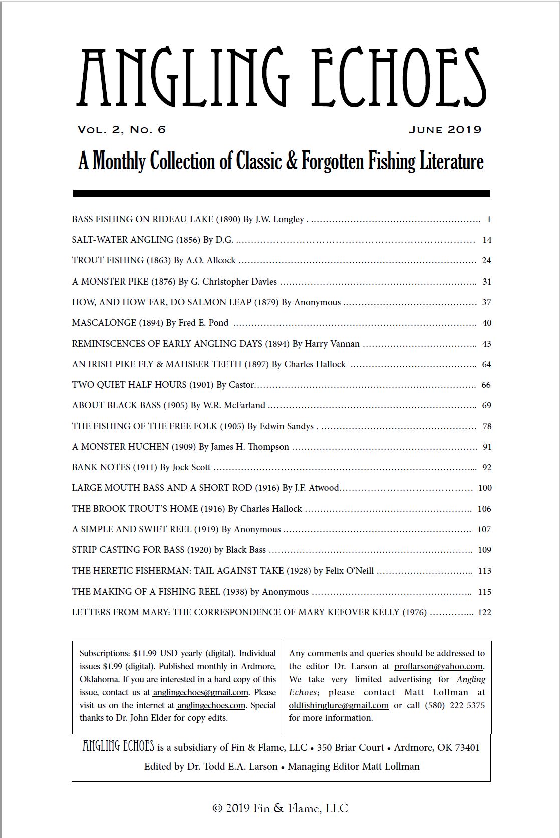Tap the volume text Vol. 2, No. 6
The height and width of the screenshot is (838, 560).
click(x=121, y=130)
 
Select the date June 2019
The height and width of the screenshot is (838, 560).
click(x=445, y=130)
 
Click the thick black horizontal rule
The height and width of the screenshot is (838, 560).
click(x=281, y=193)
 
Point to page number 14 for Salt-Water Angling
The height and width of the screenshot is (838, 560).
click(x=487, y=240)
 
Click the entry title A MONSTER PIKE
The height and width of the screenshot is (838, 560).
click(x=110, y=282)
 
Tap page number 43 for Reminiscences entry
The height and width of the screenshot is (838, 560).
click(x=487, y=344)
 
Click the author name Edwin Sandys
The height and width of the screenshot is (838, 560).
click(x=287, y=426)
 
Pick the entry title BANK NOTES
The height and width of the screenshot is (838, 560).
click(x=101, y=467)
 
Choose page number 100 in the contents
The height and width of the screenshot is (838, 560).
click(x=485, y=488)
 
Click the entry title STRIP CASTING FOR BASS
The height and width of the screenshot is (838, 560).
click(x=128, y=550)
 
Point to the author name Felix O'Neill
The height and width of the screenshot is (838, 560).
click(x=350, y=571)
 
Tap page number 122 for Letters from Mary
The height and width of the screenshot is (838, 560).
click(x=484, y=612)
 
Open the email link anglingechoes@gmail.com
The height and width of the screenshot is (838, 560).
click(x=200, y=692)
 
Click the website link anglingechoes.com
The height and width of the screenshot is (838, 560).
click(x=211, y=705)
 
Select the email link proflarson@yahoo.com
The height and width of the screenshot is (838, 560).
click(x=438, y=666)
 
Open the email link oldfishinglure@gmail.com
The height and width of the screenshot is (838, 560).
click(x=339, y=705)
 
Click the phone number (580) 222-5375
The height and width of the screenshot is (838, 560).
click(x=455, y=705)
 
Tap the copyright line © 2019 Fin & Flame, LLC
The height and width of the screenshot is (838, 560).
click(x=281, y=808)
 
